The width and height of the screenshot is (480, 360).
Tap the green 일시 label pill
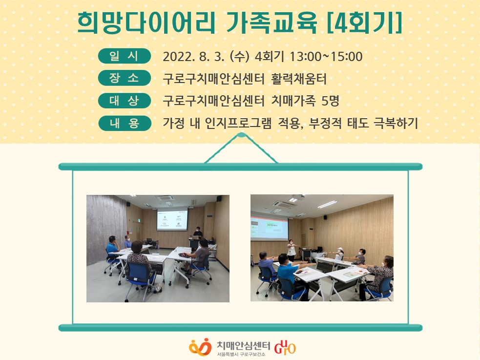(x=125, y=56)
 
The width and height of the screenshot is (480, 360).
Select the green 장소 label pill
(x=125, y=78)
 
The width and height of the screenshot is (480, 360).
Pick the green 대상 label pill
(x=125, y=101)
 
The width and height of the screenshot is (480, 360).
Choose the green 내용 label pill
(x=125, y=123)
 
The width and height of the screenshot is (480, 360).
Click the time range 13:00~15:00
(x=326, y=57)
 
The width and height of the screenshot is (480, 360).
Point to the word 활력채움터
(x=299, y=79)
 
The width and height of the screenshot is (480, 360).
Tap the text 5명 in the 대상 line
(x=330, y=101)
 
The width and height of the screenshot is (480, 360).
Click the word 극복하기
(x=396, y=123)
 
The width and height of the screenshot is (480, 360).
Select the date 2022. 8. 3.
(x=193, y=57)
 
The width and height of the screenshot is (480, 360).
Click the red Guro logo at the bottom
(x=285, y=347)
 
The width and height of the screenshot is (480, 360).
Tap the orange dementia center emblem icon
(x=200, y=347)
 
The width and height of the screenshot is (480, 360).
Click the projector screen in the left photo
(x=172, y=219)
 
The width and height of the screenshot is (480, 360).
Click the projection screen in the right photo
(x=269, y=228)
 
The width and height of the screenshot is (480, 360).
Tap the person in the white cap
(x=338, y=254)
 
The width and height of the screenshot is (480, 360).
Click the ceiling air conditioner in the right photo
(x=284, y=204)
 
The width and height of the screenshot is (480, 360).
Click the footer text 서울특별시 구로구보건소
(x=241, y=354)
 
